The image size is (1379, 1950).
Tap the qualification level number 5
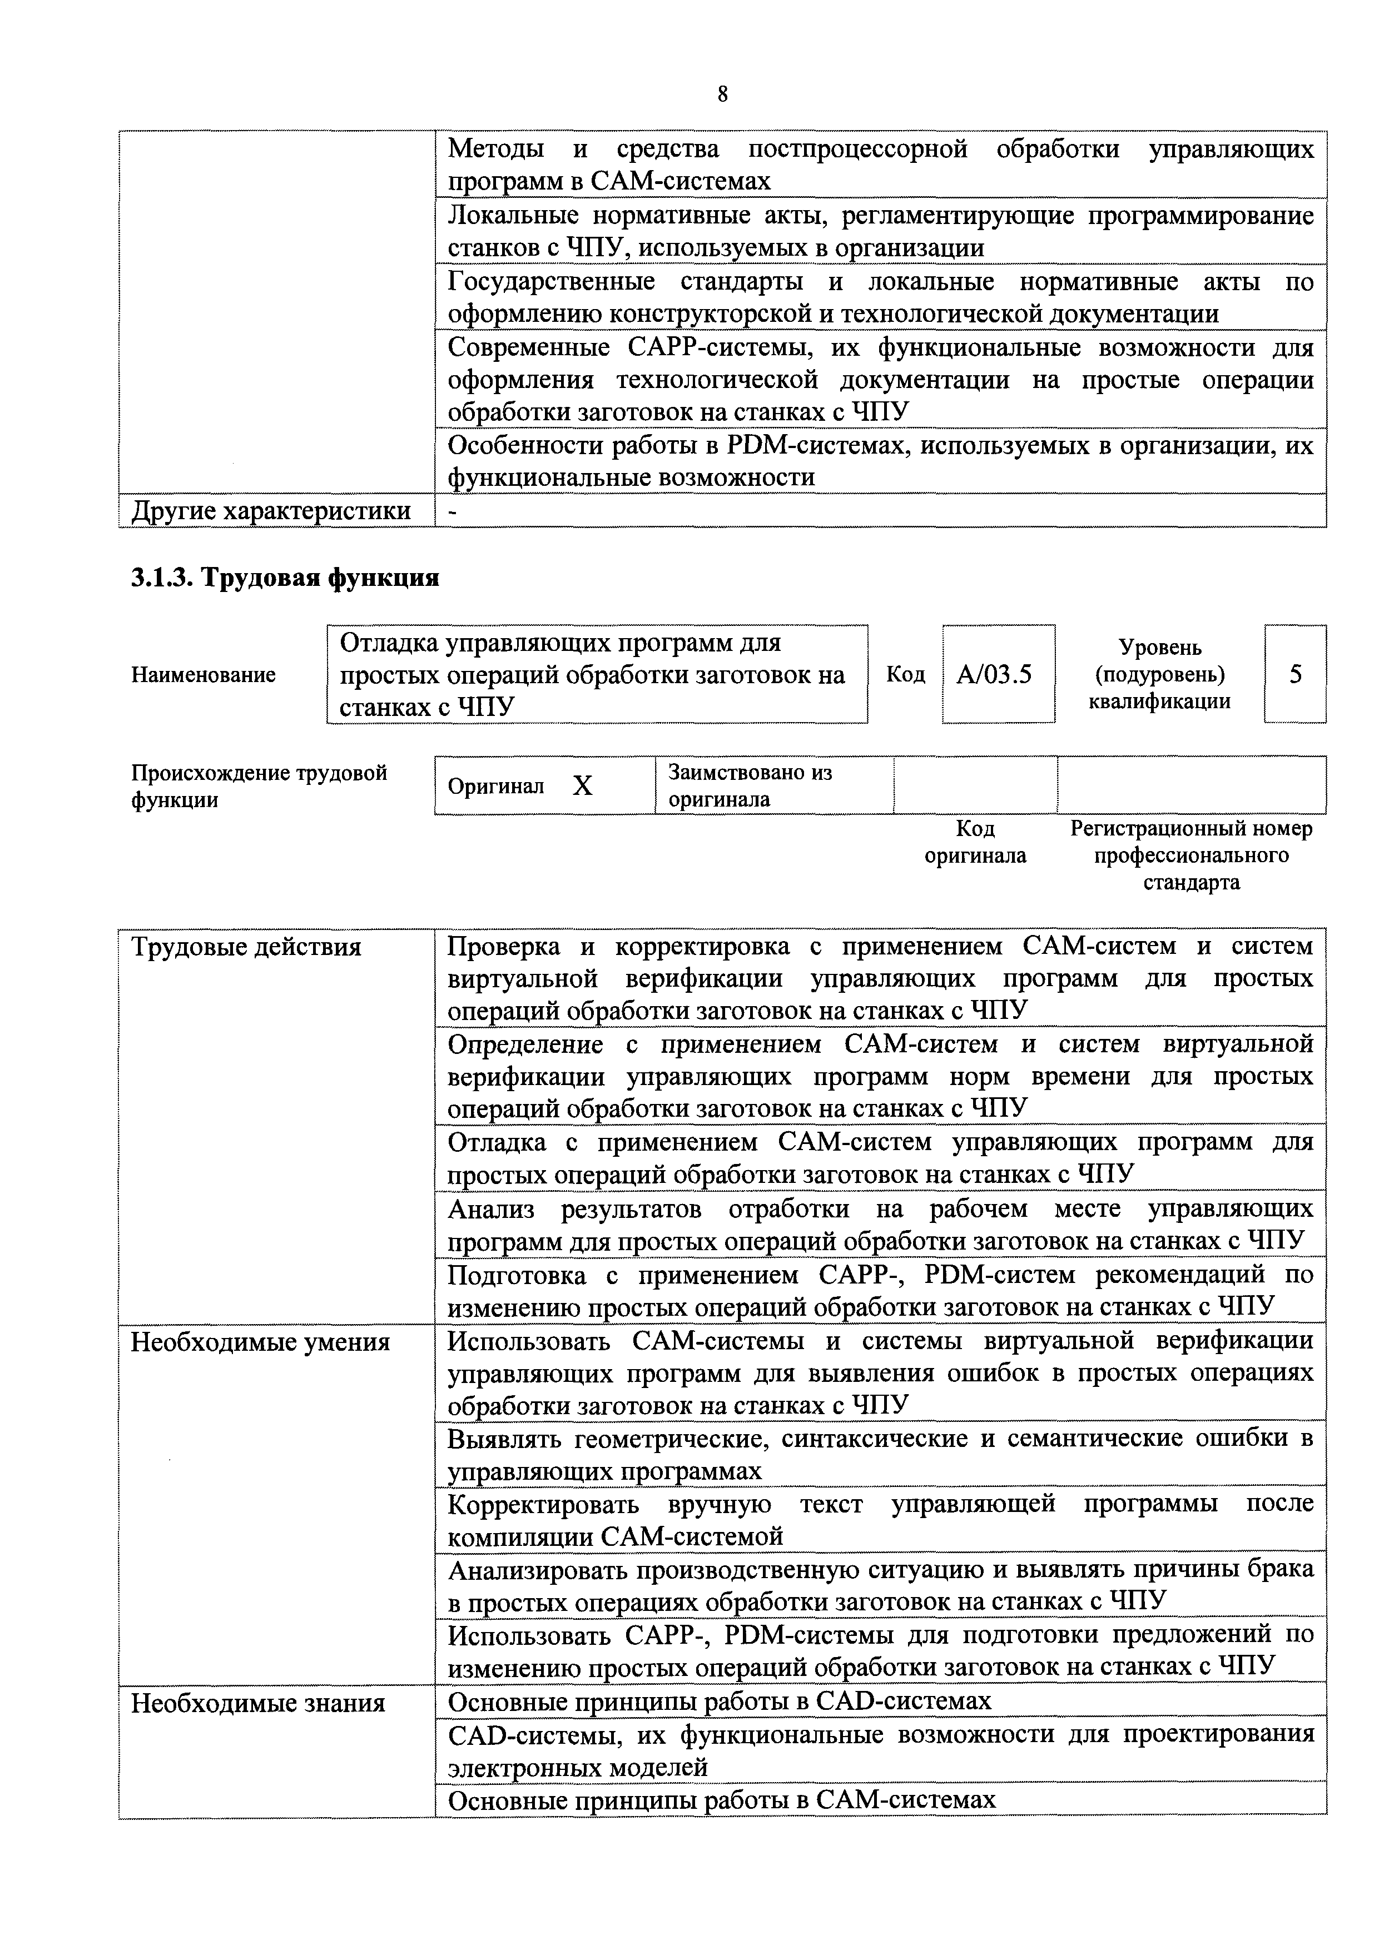(1295, 674)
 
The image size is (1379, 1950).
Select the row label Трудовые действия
(246, 947)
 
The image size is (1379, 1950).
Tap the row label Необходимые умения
(260, 1343)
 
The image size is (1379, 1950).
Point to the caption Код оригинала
(975, 842)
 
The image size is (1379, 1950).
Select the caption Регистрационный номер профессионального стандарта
(1190, 855)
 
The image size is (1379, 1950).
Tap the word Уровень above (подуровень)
(1160, 647)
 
